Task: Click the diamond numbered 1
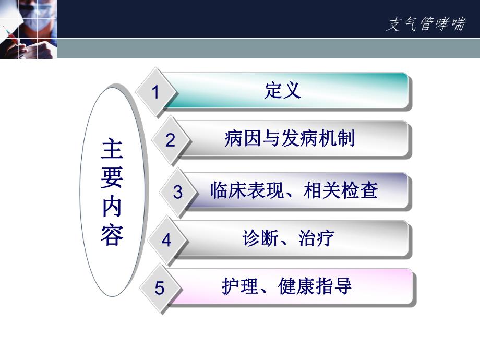(155, 92)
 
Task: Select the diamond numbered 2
(171, 140)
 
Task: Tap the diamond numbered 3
(178, 192)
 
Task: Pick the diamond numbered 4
(166, 240)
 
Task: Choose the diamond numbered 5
(159, 288)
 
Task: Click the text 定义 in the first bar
(283, 91)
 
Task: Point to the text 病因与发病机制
(290, 139)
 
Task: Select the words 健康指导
(315, 286)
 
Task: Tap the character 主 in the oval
(112, 150)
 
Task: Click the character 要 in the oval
(112, 178)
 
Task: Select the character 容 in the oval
(112, 236)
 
